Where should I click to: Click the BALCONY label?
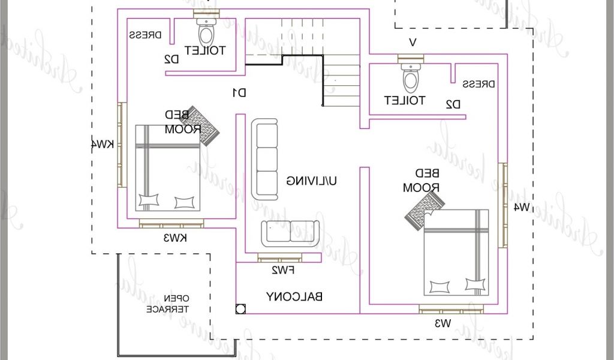point(295,296)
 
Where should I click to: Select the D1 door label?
point(239,92)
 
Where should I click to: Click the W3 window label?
point(442,324)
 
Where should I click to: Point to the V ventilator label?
point(412,42)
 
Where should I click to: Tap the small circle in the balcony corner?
point(241,309)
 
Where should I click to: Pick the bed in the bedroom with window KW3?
point(167,167)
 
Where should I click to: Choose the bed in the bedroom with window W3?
point(456,252)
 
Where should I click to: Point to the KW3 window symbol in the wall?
point(171,224)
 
